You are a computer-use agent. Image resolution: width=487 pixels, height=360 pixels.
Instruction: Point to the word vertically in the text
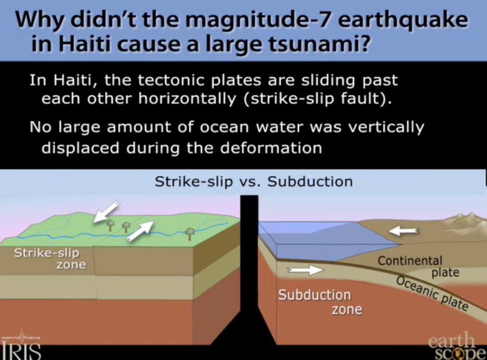tap(386, 127)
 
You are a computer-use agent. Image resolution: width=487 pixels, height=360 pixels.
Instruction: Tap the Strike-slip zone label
tap(50, 258)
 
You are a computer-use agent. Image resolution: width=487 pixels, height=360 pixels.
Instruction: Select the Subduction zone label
tap(320, 302)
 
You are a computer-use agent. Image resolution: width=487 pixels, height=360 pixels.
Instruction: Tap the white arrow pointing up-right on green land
tap(140, 231)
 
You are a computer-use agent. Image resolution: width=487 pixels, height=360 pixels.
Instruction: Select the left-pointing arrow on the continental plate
tap(403, 231)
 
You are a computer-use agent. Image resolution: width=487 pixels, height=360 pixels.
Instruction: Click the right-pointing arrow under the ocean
tap(305, 270)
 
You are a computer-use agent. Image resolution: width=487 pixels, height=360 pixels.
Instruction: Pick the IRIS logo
tap(21, 346)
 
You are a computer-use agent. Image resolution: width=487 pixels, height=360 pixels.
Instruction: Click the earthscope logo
tap(456, 346)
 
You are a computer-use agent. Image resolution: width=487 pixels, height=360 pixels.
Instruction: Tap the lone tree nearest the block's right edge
tap(190, 234)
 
